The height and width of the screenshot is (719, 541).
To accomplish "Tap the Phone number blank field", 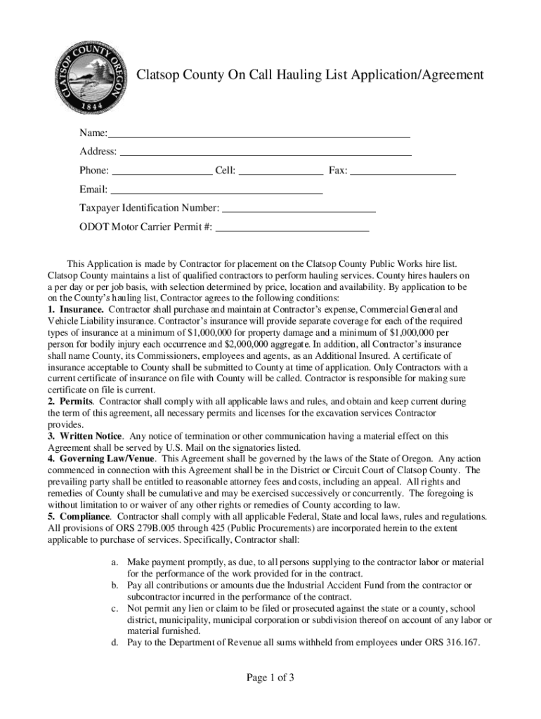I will pos(162,171).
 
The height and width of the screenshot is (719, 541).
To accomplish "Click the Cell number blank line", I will pos(281,171).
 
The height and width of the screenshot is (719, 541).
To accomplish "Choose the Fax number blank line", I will pos(403,171).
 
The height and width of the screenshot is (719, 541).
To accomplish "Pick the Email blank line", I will pos(217,190).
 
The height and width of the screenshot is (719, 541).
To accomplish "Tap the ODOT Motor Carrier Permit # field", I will pos(292,227).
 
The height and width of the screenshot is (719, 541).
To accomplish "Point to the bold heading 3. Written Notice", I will pos(84,436).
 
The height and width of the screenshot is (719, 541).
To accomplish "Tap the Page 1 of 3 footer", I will pos(270,678).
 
